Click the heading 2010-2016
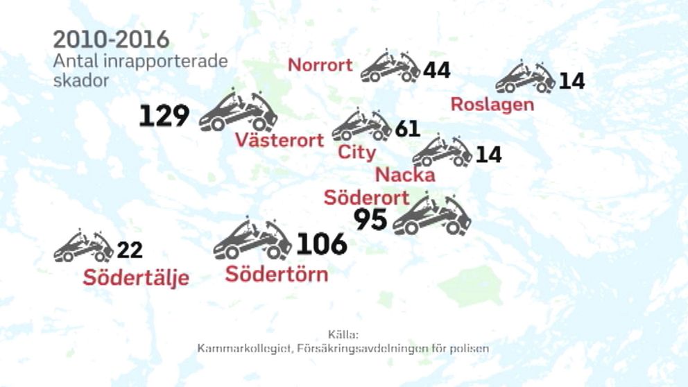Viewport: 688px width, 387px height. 111,40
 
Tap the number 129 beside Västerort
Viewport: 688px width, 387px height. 164,116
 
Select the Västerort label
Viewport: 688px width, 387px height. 279,140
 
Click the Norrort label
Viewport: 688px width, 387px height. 320,66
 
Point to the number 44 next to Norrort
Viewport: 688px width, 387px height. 436,70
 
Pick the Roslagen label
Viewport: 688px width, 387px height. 492,105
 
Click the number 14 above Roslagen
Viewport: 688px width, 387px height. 571,81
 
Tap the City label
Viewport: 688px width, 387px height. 356,153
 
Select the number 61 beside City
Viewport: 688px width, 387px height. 408,129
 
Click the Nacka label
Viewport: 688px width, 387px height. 406,175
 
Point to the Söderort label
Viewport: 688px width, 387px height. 367,198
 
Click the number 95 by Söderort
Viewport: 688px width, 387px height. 370,220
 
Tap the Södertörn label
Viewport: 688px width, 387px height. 277,274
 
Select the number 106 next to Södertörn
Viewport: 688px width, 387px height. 322,244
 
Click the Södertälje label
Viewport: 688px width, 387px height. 136,278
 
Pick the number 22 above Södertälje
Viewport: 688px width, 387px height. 130,250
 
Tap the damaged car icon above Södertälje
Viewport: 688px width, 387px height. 84,246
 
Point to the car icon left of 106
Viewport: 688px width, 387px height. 252,240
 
